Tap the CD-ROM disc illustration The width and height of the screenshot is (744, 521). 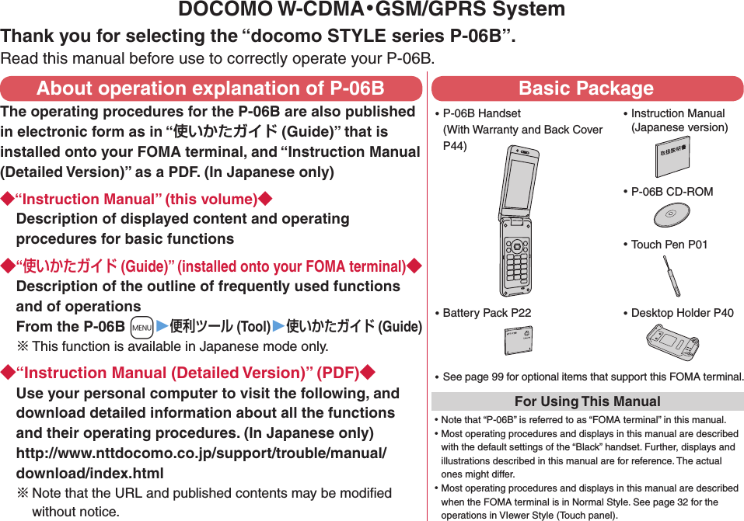point(669,215)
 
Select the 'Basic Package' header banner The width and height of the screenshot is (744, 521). point(587,89)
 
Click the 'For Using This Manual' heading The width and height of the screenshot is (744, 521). point(587,401)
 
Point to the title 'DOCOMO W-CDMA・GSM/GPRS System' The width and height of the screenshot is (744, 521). point(372,10)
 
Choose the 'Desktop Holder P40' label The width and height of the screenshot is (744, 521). point(682,313)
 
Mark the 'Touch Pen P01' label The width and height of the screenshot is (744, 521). point(669,245)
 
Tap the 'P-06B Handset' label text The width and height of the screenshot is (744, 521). point(482,113)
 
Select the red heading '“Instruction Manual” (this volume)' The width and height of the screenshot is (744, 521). point(137,200)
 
